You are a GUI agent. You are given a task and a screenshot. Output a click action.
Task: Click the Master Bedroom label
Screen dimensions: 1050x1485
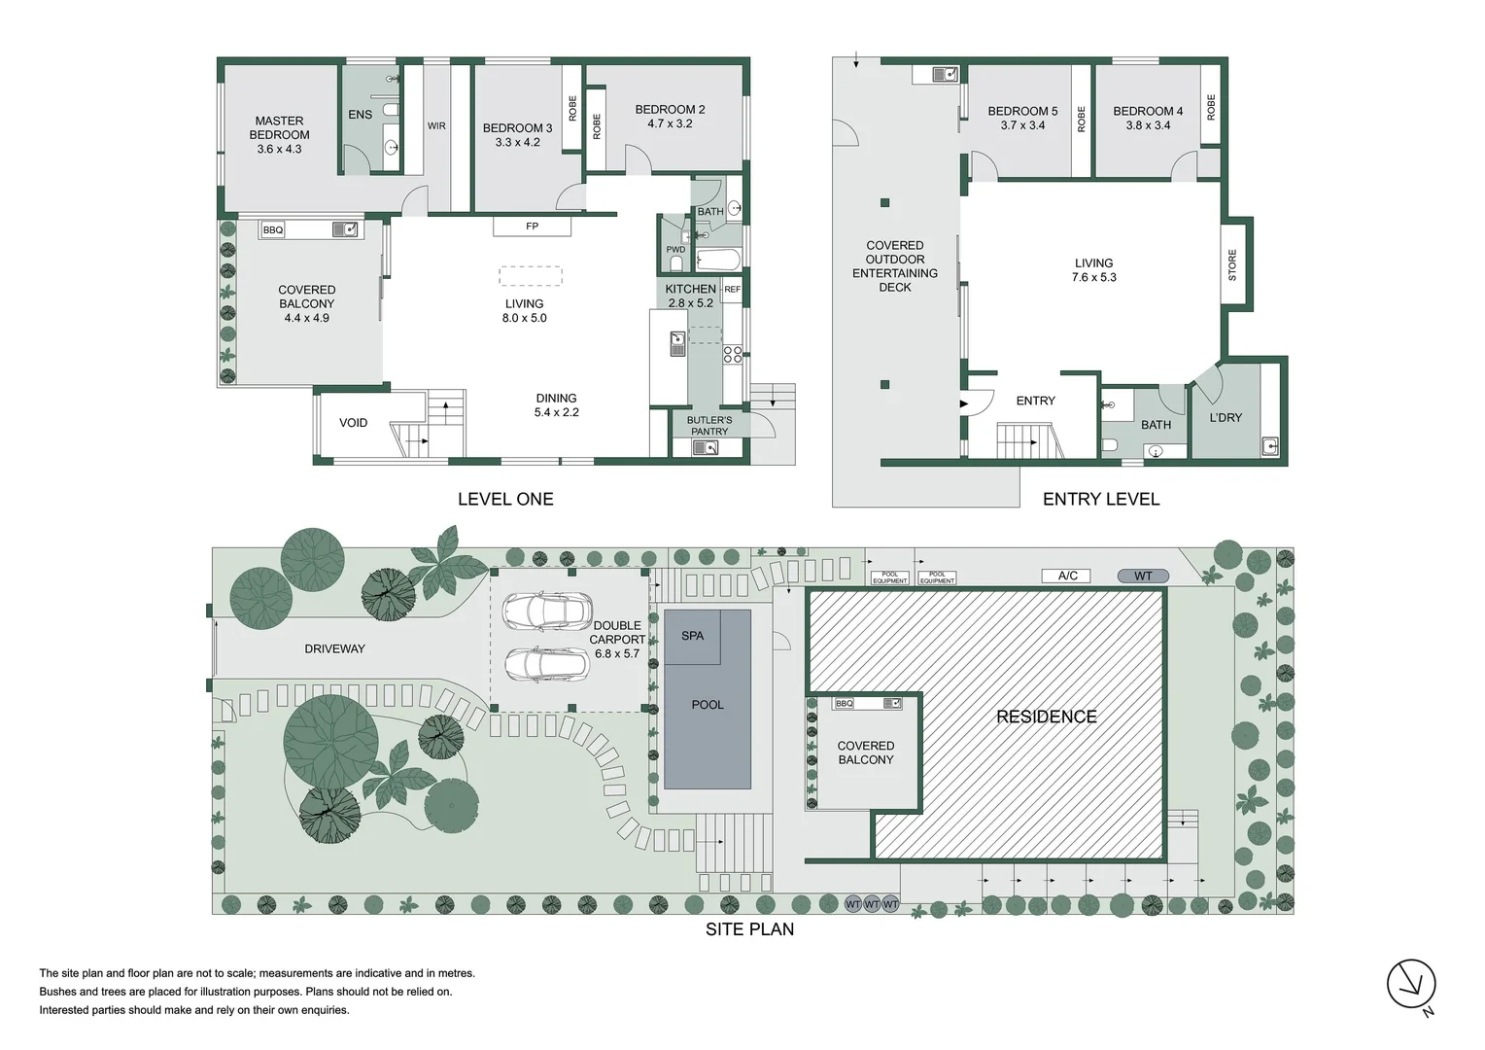point(279,135)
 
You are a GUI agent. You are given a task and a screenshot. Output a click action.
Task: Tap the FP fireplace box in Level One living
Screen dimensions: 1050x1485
point(532,227)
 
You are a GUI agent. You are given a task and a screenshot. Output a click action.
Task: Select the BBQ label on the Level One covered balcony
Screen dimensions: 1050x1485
point(273,230)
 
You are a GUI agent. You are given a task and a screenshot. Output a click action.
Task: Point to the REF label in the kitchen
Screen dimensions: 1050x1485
point(732,290)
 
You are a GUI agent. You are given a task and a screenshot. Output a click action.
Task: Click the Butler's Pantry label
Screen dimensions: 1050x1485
point(709,426)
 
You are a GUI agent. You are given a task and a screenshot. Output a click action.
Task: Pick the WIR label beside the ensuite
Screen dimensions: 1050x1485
point(436,126)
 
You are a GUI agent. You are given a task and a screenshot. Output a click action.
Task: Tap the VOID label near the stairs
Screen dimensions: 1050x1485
point(353,423)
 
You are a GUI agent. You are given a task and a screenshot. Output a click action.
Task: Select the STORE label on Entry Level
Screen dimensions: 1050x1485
point(1232,264)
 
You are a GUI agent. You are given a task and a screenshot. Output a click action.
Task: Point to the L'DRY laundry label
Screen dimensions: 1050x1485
point(1226,418)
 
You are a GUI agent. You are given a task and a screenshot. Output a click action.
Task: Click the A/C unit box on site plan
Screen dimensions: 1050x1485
point(1067,576)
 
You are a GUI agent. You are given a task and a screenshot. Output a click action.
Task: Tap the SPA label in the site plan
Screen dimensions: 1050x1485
point(692,636)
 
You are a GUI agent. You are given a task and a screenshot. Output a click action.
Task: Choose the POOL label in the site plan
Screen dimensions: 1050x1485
point(707,705)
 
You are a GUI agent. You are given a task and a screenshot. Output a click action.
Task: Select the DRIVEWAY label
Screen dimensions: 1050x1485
point(334,648)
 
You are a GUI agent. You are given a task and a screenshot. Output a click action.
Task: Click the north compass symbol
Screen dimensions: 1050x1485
point(1411,984)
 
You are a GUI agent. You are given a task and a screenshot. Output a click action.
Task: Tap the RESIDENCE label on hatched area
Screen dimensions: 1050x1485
point(1046,717)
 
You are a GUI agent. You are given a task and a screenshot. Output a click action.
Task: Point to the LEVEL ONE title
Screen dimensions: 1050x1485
point(505,499)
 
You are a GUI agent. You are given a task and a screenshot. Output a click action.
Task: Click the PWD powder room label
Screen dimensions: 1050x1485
point(675,250)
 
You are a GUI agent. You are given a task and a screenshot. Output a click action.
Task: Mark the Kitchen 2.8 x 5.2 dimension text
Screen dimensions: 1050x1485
point(690,303)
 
